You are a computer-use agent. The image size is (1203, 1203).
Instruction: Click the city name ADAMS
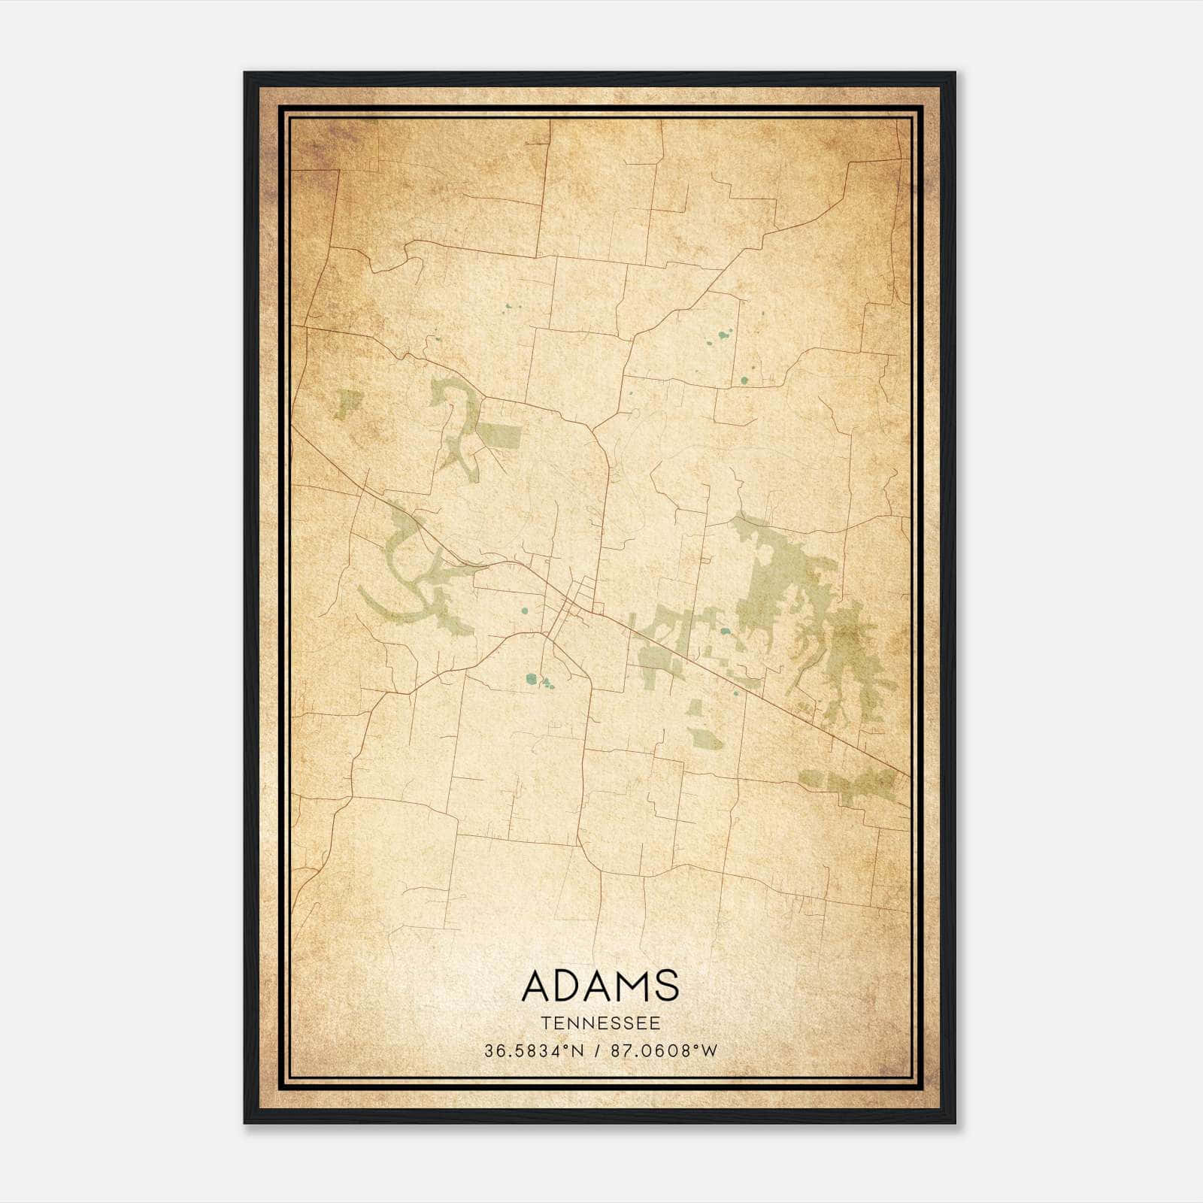click(x=600, y=986)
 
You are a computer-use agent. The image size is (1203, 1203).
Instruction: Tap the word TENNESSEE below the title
click(x=600, y=1023)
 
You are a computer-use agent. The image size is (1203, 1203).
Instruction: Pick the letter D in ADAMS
click(x=570, y=986)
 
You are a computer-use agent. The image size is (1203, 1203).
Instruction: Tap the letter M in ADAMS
click(x=632, y=986)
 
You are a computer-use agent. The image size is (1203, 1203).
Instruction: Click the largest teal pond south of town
click(x=532, y=679)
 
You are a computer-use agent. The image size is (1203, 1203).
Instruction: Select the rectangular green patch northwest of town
click(x=500, y=435)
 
